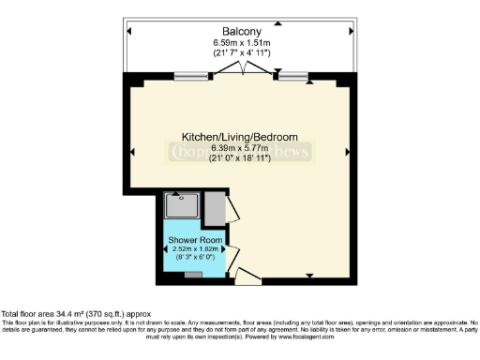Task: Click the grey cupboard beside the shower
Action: click(x=213, y=206)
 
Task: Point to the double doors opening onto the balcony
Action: click(x=247, y=70)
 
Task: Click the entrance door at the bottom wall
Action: click(x=247, y=276)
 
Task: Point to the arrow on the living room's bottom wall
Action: click(x=309, y=275)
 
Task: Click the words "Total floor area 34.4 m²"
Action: click(x=47, y=314)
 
